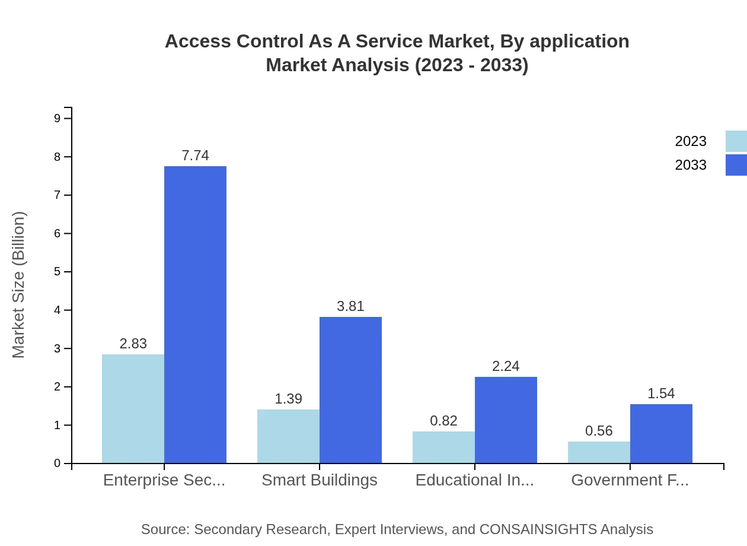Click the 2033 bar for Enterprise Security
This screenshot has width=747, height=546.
tap(195, 315)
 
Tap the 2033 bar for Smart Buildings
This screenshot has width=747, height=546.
tap(350, 390)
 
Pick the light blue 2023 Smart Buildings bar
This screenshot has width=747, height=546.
tap(288, 436)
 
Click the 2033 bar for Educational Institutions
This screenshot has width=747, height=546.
tap(506, 420)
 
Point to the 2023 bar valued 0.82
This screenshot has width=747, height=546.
tap(443, 447)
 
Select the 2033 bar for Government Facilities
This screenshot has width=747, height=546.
tap(661, 433)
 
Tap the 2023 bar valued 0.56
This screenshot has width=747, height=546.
tap(599, 452)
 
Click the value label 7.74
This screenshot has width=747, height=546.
tap(195, 155)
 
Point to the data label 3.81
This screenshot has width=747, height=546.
tap(350, 306)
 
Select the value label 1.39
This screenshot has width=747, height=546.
tap(288, 399)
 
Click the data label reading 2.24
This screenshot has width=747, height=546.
tap(506, 366)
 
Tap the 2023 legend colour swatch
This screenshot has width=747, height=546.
tap(736, 141)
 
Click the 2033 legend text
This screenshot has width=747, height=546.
tap(691, 165)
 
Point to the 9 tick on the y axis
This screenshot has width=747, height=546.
tap(58, 118)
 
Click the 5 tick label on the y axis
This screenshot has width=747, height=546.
tap(58, 272)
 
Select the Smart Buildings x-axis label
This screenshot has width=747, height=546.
tap(320, 480)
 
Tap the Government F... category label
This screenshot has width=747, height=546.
tap(630, 480)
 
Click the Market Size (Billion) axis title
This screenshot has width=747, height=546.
tap(19, 285)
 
